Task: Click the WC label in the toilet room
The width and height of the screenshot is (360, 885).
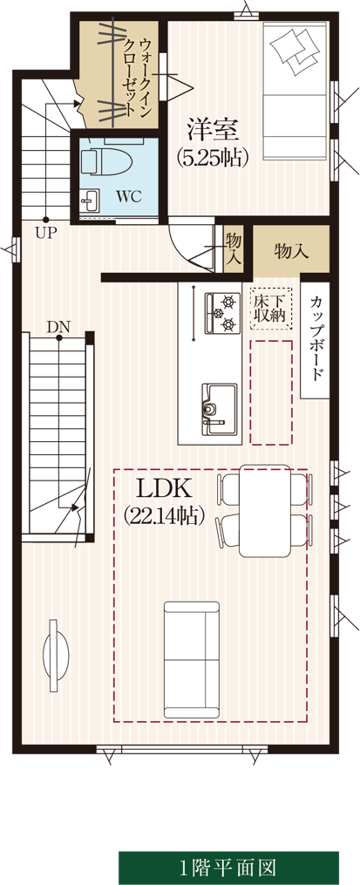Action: click(128, 197)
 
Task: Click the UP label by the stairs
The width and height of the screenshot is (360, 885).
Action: click(46, 233)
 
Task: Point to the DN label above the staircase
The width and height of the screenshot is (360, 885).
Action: click(58, 326)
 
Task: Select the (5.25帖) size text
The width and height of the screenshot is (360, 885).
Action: click(213, 158)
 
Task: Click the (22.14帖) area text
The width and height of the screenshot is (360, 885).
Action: click(164, 514)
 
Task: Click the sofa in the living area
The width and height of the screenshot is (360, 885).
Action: click(191, 658)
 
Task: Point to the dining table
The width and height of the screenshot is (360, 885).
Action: click(264, 510)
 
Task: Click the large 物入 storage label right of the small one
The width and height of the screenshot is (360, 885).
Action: click(292, 251)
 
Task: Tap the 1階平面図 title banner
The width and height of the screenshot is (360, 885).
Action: click(228, 867)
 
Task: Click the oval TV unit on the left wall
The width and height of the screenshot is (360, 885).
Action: click(57, 651)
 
